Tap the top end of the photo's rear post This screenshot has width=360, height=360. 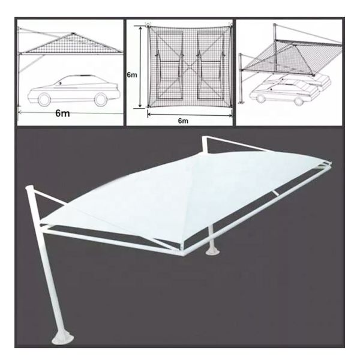[204, 142]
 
